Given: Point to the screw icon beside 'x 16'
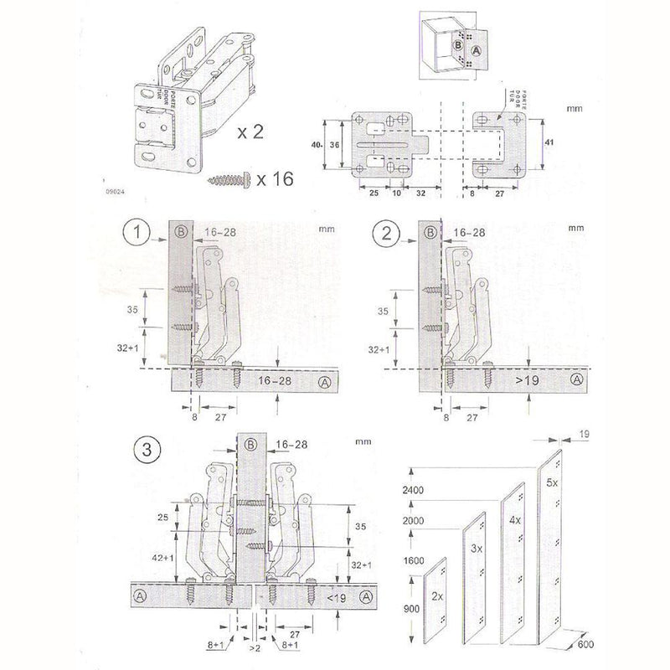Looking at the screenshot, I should coord(229,179).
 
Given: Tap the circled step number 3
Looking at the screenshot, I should coord(147,449).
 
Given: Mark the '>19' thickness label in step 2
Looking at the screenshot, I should coord(527,382).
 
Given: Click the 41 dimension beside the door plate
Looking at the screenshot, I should coord(549,142).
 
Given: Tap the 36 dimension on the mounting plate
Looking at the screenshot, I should coord(335,144).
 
